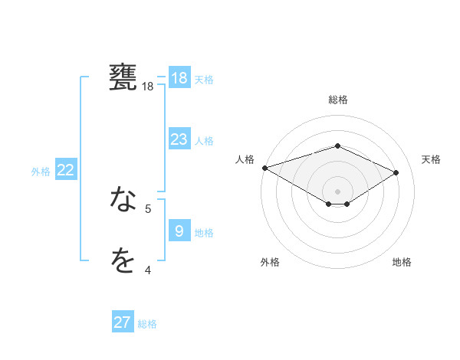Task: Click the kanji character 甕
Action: [123, 77]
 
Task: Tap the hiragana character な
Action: [123, 201]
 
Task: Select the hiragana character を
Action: [123, 261]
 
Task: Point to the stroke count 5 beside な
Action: [148, 208]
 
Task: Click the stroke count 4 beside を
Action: [148, 270]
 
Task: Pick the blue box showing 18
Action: [179, 78]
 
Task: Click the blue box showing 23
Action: [179, 139]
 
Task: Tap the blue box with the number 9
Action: [179, 231]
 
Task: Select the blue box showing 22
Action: [66, 170]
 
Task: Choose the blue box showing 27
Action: [123, 322]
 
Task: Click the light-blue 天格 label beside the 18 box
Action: [204, 80]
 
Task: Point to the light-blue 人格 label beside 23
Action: [204, 141]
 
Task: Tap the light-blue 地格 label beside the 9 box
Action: [204, 232]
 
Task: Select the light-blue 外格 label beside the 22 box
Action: [41, 172]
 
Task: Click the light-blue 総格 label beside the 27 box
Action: [147, 324]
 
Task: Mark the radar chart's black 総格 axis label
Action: [337, 100]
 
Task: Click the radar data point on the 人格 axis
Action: [264, 168]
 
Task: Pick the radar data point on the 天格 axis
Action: [396, 172]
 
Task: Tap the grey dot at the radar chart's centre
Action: [337, 191]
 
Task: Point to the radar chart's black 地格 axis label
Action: [402, 262]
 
